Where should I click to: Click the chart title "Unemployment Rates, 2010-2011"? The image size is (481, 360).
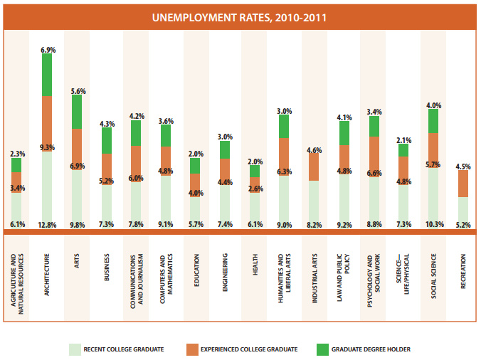click(240, 16)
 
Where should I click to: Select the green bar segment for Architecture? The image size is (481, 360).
click(47, 75)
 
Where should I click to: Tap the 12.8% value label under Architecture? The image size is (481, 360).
click(47, 225)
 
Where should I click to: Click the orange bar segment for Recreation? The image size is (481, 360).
click(462, 184)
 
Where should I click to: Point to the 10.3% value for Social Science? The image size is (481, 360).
click(433, 225)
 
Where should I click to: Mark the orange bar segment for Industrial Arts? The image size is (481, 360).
click(314, 166)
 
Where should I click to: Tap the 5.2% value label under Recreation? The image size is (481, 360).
click(462, 225)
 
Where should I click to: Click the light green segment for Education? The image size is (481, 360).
click(195, 210)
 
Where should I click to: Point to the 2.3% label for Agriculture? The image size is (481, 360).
click(18, 153)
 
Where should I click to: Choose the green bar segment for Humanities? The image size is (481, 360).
click(284, 126)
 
